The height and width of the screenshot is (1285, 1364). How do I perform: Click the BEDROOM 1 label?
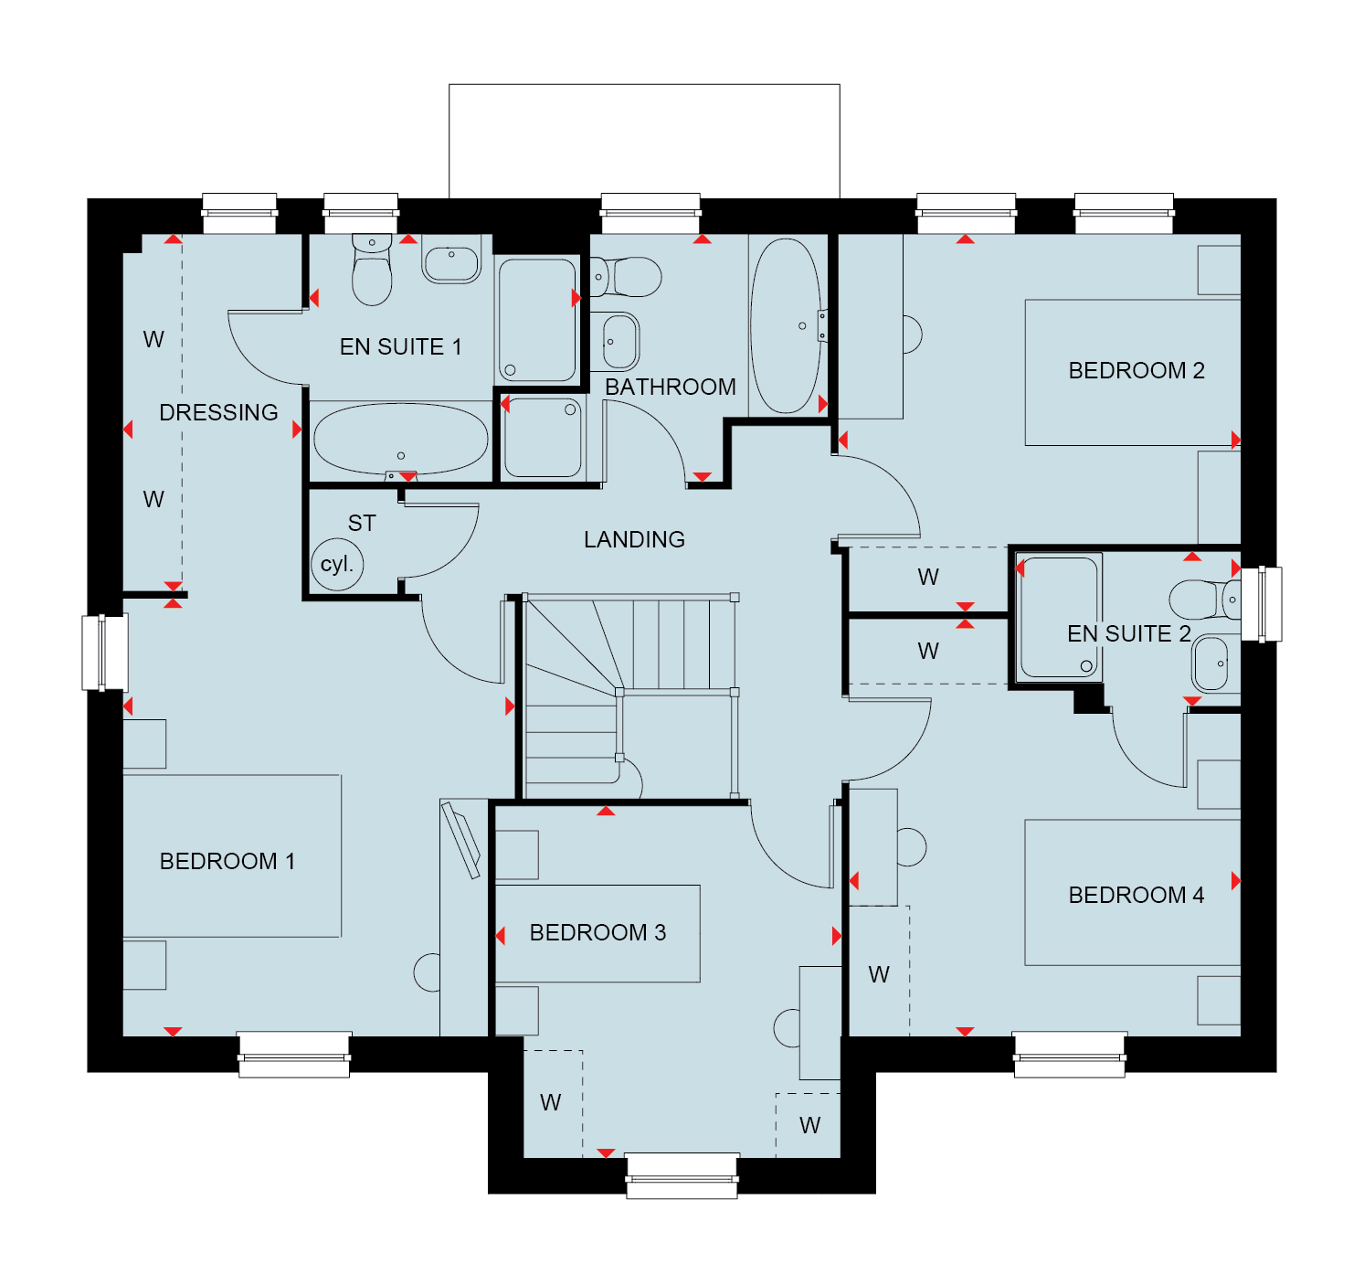pyautogui.click(x=227, y=861)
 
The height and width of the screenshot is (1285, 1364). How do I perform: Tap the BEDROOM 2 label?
pyautogui.click(x=1136, y=370)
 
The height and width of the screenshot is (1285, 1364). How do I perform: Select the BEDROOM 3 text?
pyautogui.click(x=597, y=932)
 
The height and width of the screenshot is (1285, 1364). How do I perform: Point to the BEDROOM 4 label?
pyautogui.click(x=1136, y=895)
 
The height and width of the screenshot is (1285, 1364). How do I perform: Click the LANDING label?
pyautogui.click(x=634, y=539)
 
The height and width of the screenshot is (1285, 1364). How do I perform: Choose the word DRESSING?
pyautogui.click(x=218, y=412)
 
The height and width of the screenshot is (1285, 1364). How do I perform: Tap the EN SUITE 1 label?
pyautogui.click(x=400, y=346)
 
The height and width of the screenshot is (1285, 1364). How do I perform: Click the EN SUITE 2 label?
pyautogui.click(x=1128, y=633)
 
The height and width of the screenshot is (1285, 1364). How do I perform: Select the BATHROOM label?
pyautogui.click(x=671, y=387)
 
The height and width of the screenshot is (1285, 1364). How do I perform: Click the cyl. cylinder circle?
pyautogui.click(x=336, y=565)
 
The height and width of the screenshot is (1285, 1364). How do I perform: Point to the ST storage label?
pyautogui.click(x=362, y=524)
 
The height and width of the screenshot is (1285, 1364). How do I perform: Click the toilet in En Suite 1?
pyautogui.click(x=372, y=269)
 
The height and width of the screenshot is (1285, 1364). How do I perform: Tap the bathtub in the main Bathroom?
pyautogui.click(x=786, y=325)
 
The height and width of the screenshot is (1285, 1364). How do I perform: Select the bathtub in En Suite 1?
pyautogui.click(x=400, y=440)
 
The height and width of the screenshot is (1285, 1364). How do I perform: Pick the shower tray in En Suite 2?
pyautogui.click(x=1059, y=617)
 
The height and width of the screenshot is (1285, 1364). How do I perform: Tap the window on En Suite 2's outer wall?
pyautogui.click(x=1261, y=604)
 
